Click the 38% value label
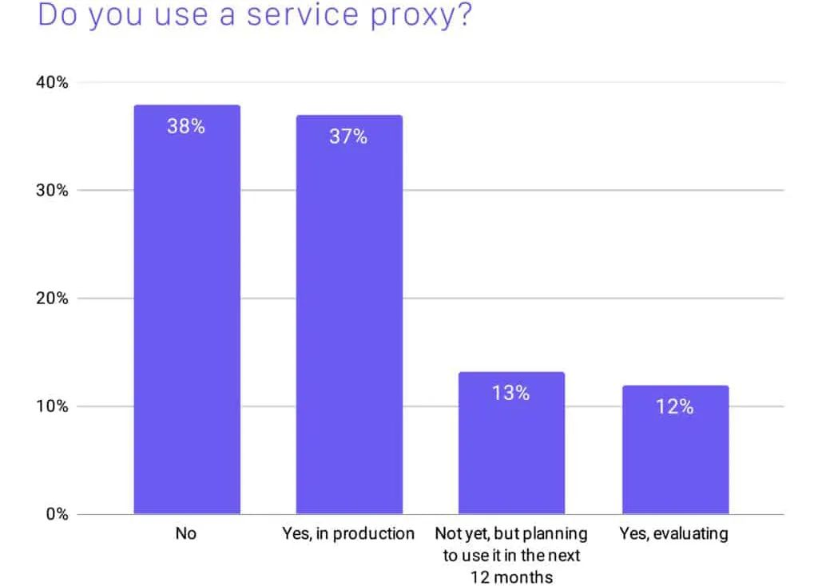(186, 126)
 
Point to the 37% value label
(348, 137)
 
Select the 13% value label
(511, 393)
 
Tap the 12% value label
(675, 406)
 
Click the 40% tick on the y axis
(50, 82)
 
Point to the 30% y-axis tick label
(50, 190)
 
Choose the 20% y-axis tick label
(50, 299)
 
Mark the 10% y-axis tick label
(50, 406)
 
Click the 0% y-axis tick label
(54, 514)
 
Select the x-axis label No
(185, 534)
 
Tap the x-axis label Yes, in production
(348, 534)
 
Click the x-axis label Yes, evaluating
(674, 534)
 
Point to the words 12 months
(511, 576)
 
